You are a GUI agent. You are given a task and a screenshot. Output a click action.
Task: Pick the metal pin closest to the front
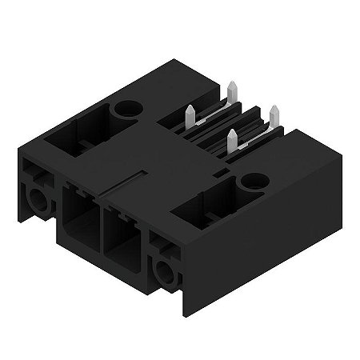tap(233, 141)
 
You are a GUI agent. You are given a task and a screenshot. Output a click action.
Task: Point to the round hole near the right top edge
tap(254, 182)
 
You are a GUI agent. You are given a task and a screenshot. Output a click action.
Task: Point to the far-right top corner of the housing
tap(341, 157)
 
